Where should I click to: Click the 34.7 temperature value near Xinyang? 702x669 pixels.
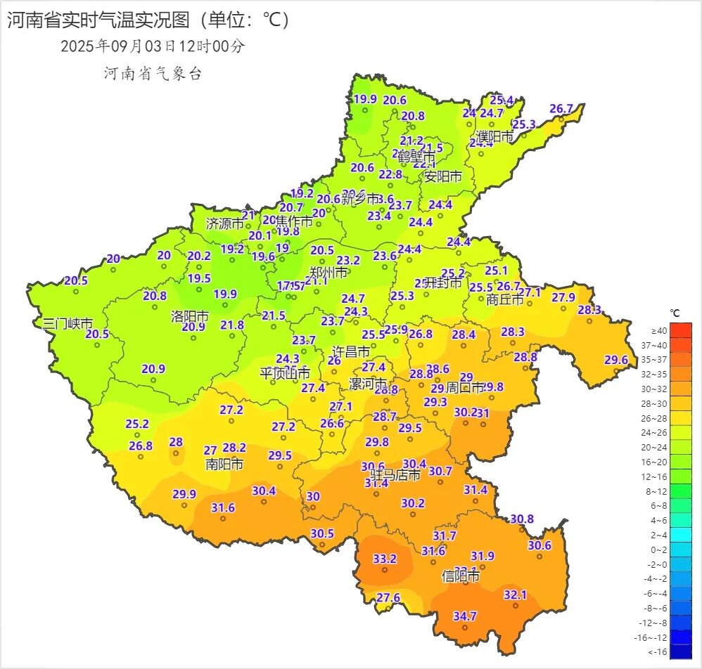[x=464, y=616]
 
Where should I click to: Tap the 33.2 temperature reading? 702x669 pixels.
[x=385, y=559]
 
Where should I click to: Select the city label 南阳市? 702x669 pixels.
[x=224, y=465]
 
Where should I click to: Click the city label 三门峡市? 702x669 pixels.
[x=68, y=324]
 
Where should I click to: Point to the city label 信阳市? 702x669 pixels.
[x=461, y=576]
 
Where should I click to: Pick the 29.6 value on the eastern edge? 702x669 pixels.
[x=615, y=360]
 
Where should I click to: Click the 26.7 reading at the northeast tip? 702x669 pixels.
[x=561, y=109]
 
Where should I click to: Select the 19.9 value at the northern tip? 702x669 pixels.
[x=365, y=99]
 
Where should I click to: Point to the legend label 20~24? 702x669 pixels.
[x=658, y=447]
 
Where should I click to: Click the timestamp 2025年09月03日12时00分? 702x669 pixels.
[x=153, y=46]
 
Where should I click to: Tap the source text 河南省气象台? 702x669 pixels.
[x=153, y=73]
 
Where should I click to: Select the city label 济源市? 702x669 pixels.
[x=224, y=224]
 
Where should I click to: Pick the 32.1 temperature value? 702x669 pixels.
[x=515, y=595]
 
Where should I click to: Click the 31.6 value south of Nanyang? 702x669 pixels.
[x=223, y=507]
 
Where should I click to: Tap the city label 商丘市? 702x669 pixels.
[x=505, y=299]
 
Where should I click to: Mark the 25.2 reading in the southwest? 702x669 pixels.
[x=137, y=424]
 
